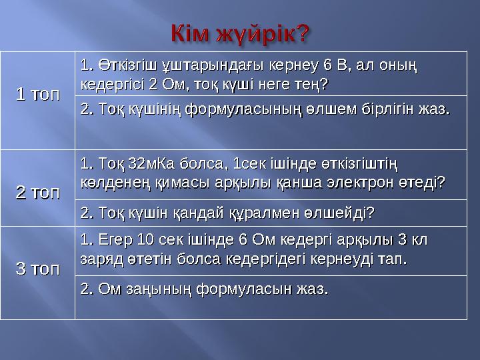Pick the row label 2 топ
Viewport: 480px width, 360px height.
37,193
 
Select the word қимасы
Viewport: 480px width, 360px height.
160,182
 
